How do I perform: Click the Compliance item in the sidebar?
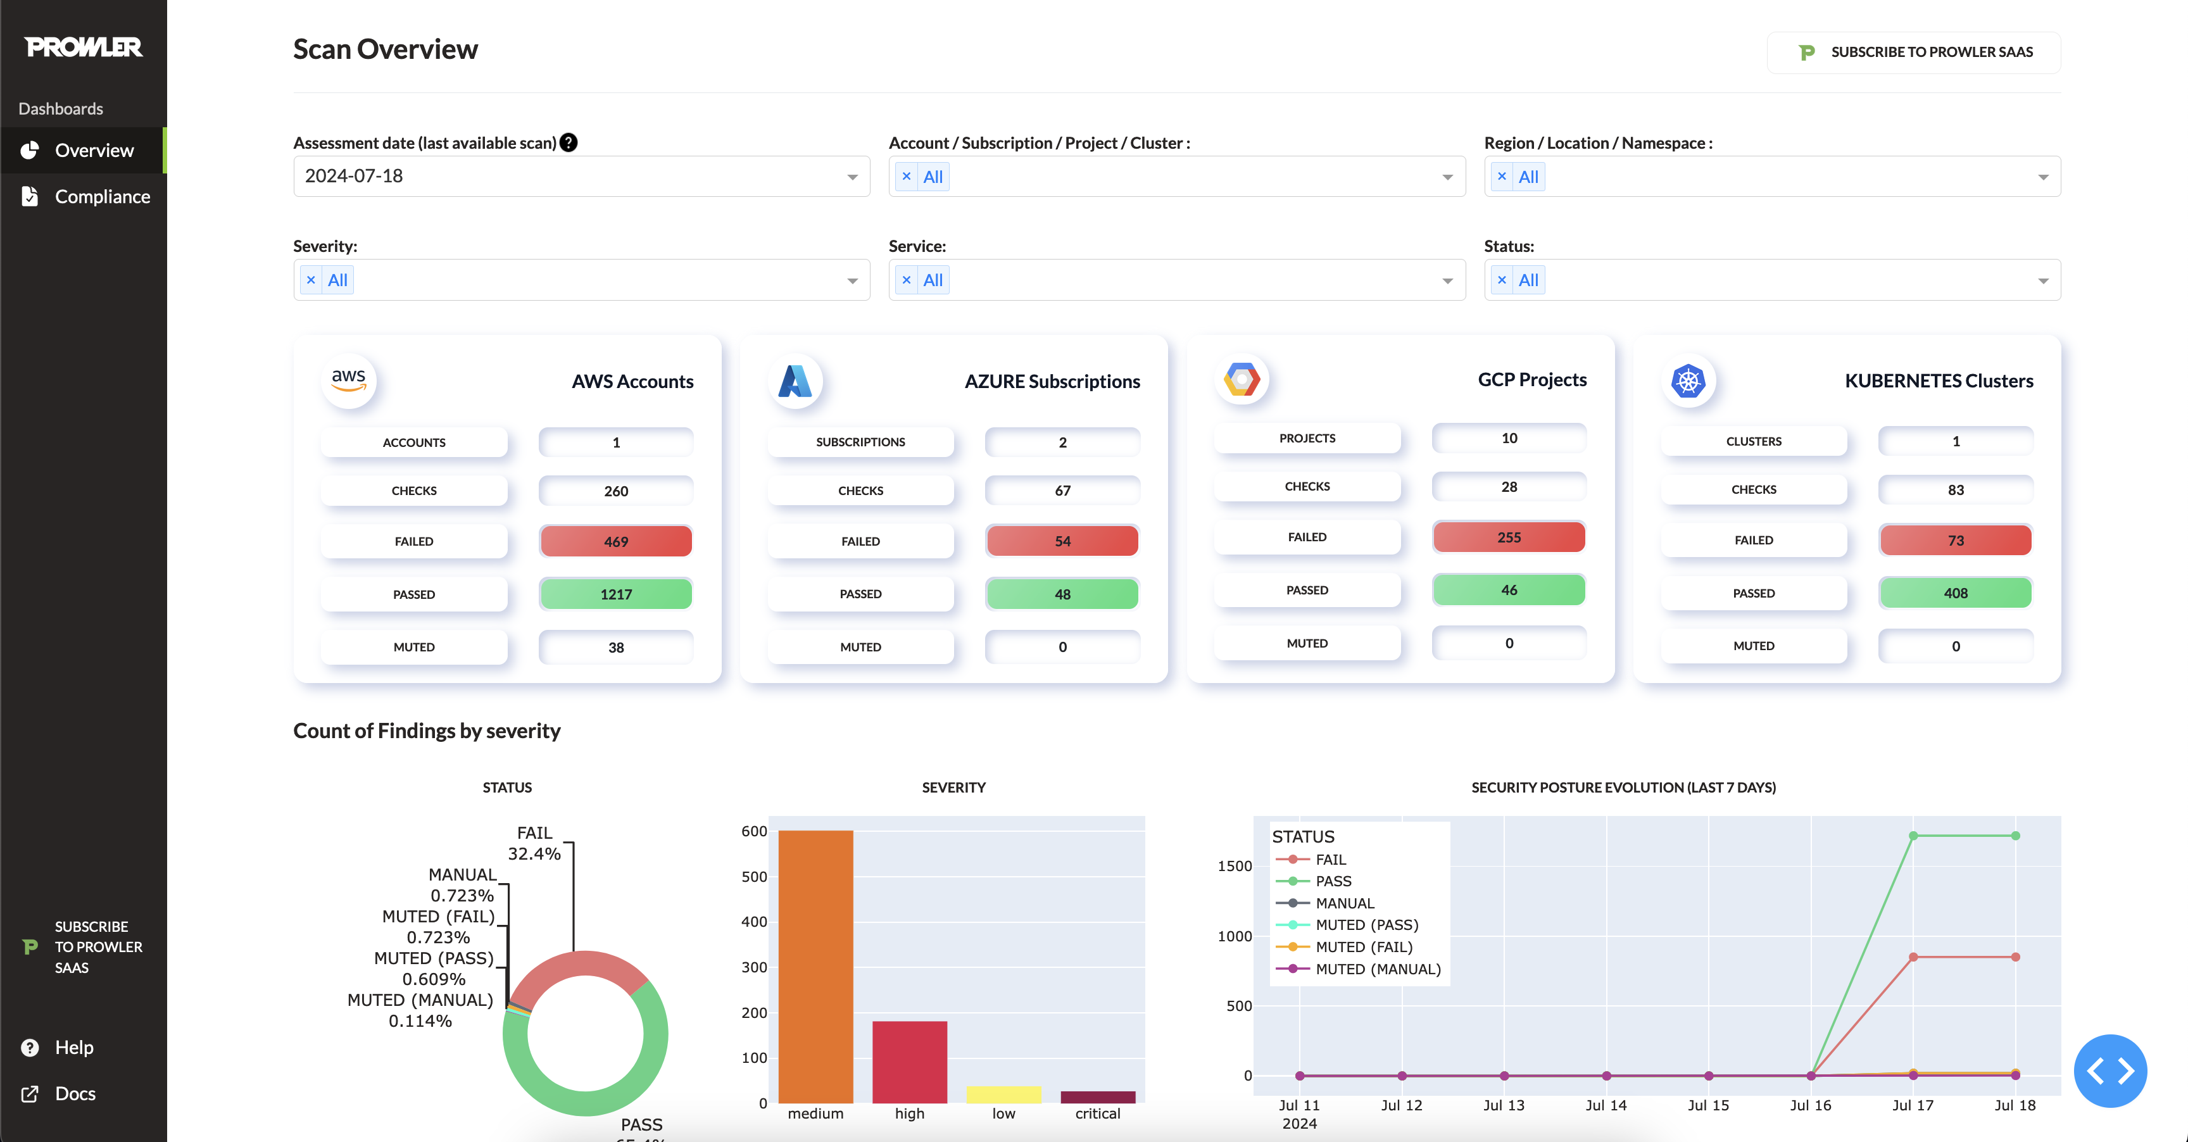[101, 196]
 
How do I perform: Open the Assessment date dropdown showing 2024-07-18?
[581, 176]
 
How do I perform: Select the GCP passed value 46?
[1509, 590]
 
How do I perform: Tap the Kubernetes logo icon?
[1688, 380]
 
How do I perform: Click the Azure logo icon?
[795, 381]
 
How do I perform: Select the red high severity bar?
[909, 1062]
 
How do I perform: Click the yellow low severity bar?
[1003, 1095]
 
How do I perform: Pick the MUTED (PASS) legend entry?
[1366, 925]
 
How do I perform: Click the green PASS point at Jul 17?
[1913, 836]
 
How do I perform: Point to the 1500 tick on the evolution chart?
[1234, 866]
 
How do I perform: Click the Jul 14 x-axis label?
[1606, 1105]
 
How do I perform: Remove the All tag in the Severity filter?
[311, 280]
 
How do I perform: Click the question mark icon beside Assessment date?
[569, 142]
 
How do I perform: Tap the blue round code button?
[2110, 1070]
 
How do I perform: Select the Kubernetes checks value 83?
[1955, 490]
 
